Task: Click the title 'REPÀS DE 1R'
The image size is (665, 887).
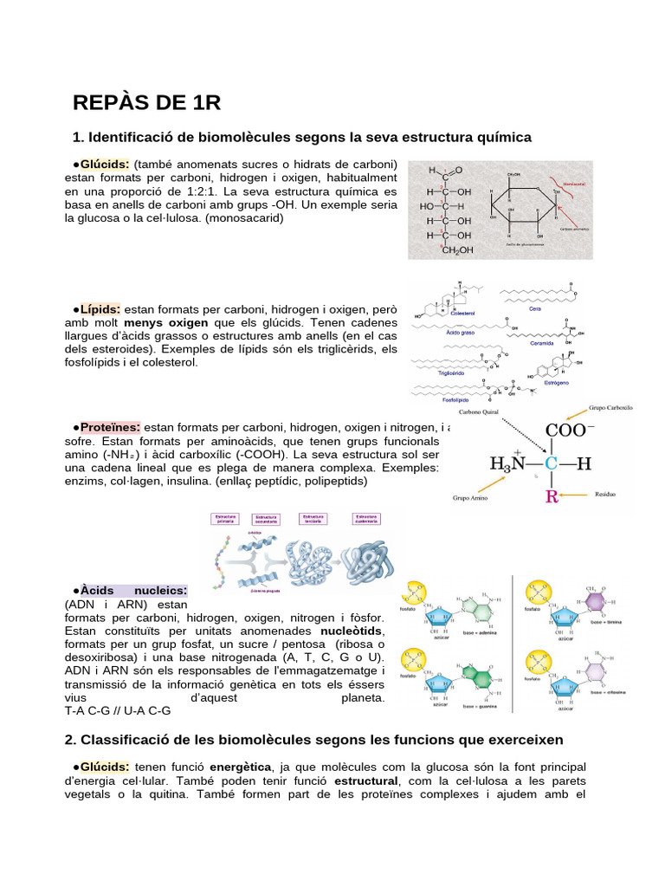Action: click(147, 103)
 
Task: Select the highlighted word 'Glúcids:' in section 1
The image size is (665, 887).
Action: click(106, 164)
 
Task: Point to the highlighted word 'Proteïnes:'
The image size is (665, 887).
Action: click(111, 427)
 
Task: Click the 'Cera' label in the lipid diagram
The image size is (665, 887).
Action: click(535, 308)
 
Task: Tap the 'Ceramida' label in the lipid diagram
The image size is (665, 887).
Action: click(543, 342)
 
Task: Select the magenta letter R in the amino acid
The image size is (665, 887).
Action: click(551, 497)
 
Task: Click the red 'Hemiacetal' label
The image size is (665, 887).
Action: click(573, 185)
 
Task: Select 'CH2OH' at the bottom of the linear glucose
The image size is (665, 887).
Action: click(457, 250)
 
